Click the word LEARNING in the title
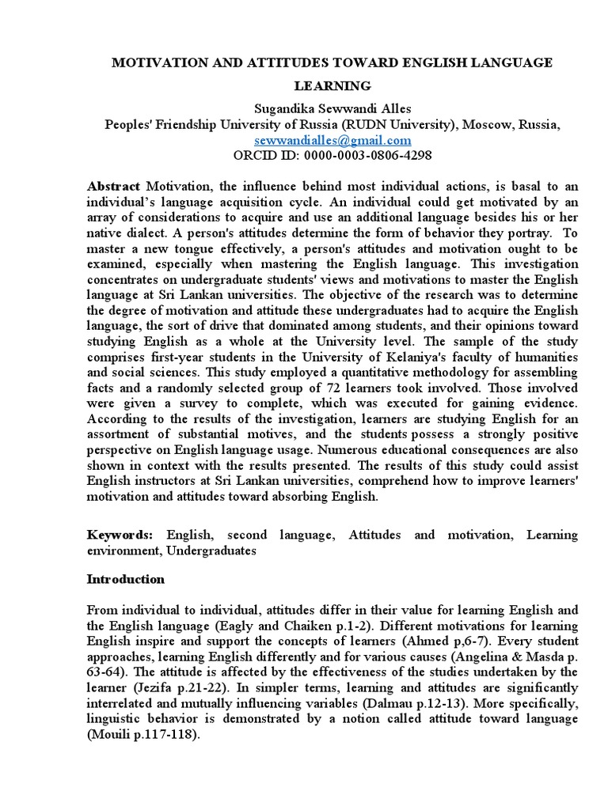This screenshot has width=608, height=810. tap(332, 85)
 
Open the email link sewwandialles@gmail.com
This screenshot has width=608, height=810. tap(332, 139)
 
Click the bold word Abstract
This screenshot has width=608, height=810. tap(113, 186)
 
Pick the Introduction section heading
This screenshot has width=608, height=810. tap(125, 579)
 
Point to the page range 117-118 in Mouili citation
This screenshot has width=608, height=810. tap(172, 733)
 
